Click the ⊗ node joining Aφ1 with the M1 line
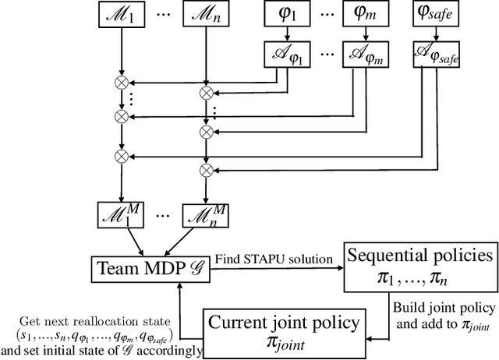click(120, 81)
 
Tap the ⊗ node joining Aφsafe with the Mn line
click(206, 169)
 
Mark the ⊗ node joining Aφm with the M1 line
click(120, 117)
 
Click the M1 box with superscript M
click(120, 214)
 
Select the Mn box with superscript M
click(206, 214)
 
